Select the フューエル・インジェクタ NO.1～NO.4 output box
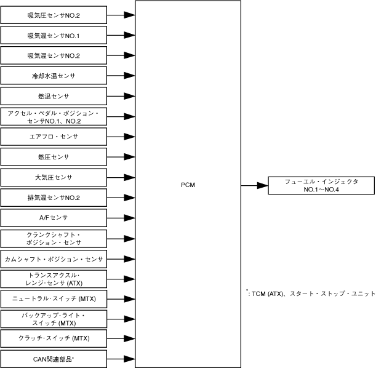click(x=321, y=185)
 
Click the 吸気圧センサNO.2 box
click(x=54, y=14)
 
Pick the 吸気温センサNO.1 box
click(x=54, y=35)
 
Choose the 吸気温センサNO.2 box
click(x=54, y=55)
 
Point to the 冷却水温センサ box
click(x=54, y=76)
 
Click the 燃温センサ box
click(x=54, y=96)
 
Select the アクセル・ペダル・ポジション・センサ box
click(x=54, y=116)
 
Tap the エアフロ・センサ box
click(x=54, y=137)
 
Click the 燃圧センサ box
click(x=54, y=157)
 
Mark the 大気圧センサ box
click(x=54, y=177)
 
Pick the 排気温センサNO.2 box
click(x=54, y=198)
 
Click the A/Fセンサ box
click(x=54, y=218)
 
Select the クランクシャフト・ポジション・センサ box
click(x=54, y=238)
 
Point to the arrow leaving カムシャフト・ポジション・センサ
click(x=121, y=258)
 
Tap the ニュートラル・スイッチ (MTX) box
click(x=54, y=298)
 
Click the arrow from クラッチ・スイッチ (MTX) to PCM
click(x=121, y=338)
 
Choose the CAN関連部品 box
click(x=54, y=359)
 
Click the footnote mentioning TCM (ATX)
click(x=310, y=294)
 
